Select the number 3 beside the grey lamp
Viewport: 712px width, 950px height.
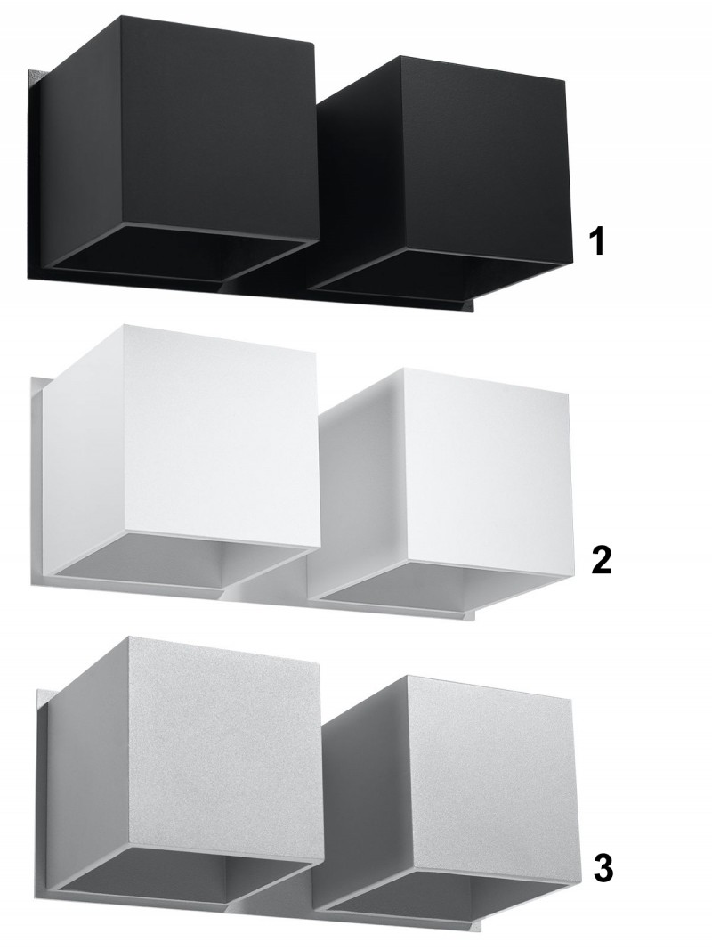(x=603, y=868)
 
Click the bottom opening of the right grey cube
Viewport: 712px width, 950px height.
(x=445, y=894)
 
